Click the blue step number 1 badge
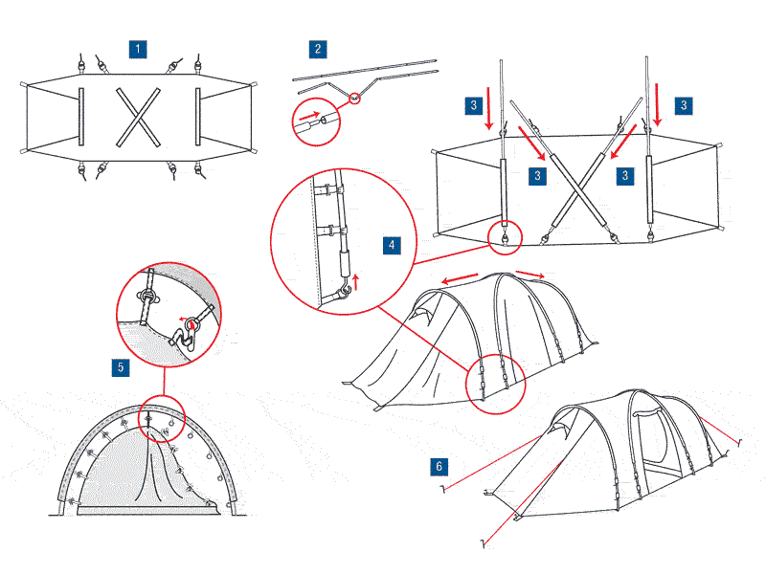click(140, 47)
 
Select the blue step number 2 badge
click(317, 47)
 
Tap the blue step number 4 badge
click(393, 245)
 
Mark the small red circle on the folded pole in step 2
click(355, 96)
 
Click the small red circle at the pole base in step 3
click(503, 233)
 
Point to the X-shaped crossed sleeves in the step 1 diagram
click(135, 117)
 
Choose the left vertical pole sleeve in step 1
click(81, 117)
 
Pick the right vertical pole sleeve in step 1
click(197, 117)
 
